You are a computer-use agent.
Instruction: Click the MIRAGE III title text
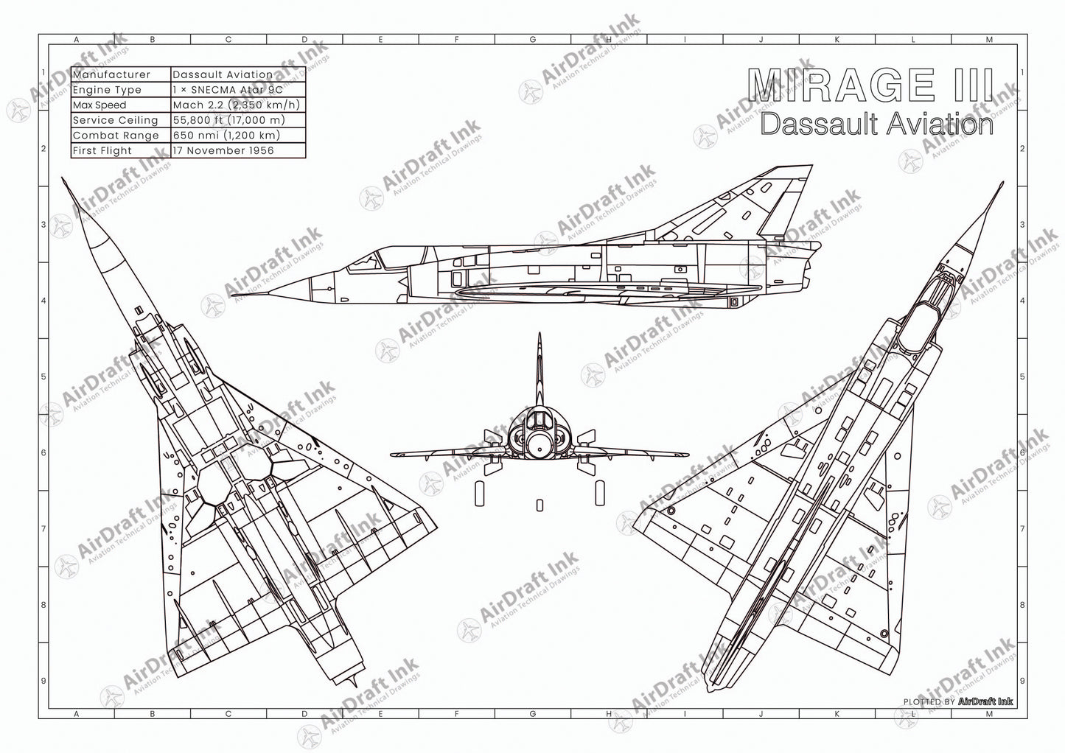pos(870,85)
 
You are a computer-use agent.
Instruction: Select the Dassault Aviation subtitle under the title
pos(876,124)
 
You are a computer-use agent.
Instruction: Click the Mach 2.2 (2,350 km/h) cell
pos(237,105)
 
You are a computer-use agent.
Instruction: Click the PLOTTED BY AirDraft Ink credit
pos(957,701)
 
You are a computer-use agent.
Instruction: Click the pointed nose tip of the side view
pos(234,297)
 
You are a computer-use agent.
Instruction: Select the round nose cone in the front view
pos(539,445)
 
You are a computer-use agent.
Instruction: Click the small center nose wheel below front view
pos(540,505)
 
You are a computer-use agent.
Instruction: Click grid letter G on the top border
pos(532,40)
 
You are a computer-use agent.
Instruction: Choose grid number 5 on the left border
pos(43,376)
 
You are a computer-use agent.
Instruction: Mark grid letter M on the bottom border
pos(989,713)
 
